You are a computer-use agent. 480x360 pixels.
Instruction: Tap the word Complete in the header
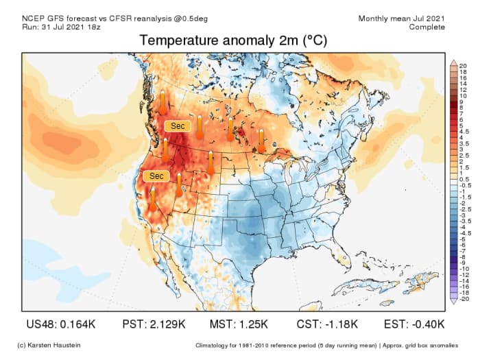(x=427, y=27)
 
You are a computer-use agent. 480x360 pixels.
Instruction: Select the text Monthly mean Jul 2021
(x=401, y=18)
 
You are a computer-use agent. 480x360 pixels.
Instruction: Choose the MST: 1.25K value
(x=239, y=324)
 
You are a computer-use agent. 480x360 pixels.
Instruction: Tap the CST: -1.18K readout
(x=323, y=324)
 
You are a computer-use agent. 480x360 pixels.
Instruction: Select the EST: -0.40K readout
(x=407, y=324)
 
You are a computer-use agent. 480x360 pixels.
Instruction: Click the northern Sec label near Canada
(x=178, y=126)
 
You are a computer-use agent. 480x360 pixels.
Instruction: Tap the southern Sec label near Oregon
(x=156, y=176)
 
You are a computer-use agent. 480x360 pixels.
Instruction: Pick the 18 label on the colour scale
(x=464, y=71)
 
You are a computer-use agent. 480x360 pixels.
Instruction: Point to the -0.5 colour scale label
(x=466, y=185)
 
